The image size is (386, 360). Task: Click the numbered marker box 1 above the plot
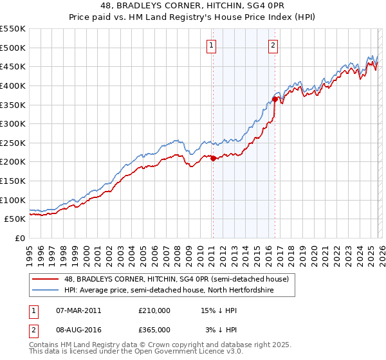[212, 45]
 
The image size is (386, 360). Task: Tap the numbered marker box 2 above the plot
[273, 45]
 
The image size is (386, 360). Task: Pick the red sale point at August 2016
[275, 99]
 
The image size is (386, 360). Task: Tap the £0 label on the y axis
[19, 238]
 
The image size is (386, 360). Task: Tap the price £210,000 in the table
[154, 310]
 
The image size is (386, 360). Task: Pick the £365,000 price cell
[154, 330]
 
